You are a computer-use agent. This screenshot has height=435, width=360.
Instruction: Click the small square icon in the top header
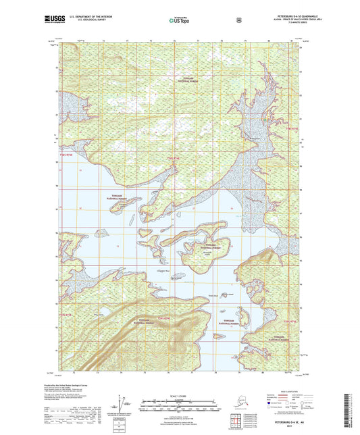[x=238, y=20]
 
